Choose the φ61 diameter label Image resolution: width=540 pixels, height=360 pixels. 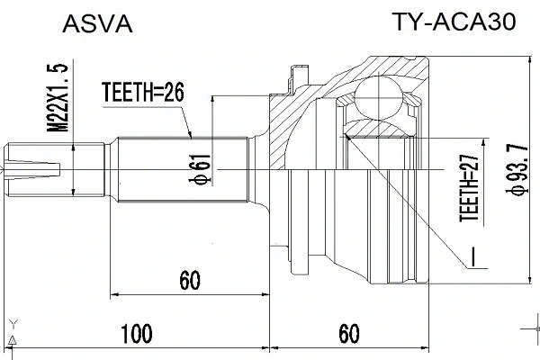pyautogui.click(x=204, y=166)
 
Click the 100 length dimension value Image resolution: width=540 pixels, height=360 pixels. pyautogui.click(x=135, y=335)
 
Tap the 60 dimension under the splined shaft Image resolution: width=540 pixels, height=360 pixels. pyautogui.click(x=188, y=280)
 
